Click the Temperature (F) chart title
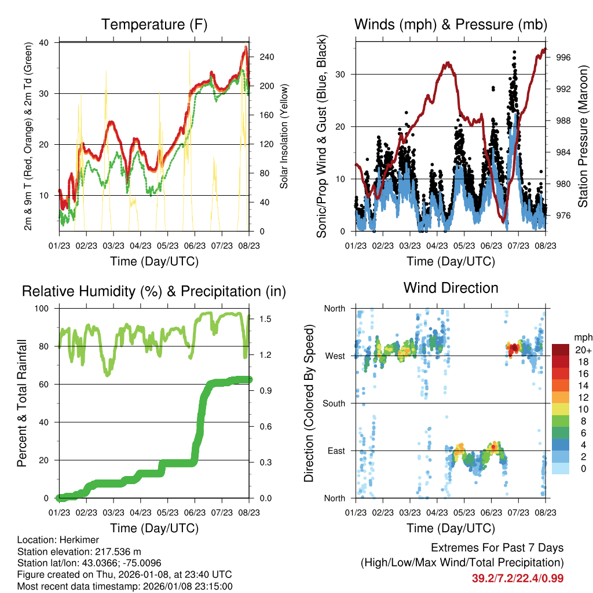[x=154, y=24]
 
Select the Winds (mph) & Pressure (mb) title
[x=451, y=24]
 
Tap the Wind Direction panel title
[x=451, y=288]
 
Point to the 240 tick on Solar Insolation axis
[x=267, y=57]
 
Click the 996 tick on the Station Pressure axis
[x=564, y=57]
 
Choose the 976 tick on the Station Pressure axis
[x=564, y=215]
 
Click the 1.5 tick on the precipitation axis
[x=262, y=319]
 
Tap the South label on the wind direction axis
[x=334, y=403]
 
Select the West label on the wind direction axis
[x=336, y=356]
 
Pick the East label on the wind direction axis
[x=336, y=451]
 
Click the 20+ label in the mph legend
[x=583, y=350]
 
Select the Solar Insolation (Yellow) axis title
[x=284, y=136]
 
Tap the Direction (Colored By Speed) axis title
[x=309, y=403]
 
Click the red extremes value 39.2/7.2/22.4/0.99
[x=518, y=578]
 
